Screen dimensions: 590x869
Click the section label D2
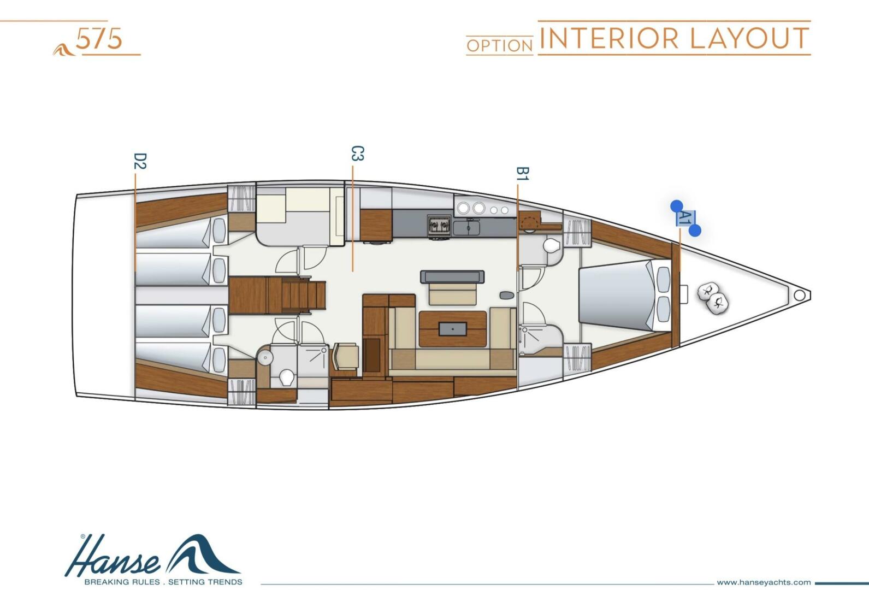140,161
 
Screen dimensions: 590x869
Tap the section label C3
357,154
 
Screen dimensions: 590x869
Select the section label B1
522,174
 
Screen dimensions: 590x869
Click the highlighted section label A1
685,219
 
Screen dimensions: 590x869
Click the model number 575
99,39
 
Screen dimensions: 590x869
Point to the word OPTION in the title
499,46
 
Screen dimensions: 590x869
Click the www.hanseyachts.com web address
764,582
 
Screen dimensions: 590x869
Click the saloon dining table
453,328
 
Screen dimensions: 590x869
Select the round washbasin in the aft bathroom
265,358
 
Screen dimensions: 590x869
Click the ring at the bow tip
799,296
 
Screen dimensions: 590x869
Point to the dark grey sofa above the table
452,276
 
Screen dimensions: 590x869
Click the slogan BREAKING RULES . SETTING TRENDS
163,582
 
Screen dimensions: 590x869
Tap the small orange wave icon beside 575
64,49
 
